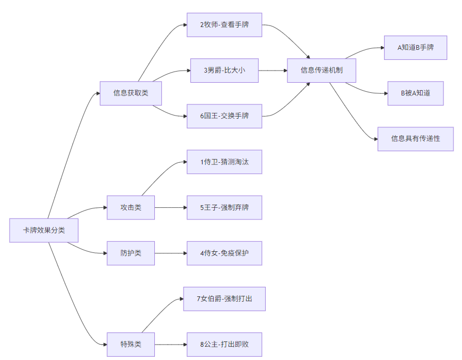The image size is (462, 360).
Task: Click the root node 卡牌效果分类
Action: point(44,231)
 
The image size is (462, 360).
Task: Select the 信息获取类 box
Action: point(130,93)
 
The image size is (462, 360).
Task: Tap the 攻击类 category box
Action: point(130,207)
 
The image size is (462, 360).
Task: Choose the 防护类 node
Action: point(130,253)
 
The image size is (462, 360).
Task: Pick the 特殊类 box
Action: point(130,344)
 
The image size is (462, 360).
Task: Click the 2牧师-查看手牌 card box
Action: point(224,25)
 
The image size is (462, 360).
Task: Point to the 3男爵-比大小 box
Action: point(224,70)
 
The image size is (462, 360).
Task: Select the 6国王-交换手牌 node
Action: point(224,116)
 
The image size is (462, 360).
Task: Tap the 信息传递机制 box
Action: point(321,70)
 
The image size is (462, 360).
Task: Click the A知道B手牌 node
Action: point(415,48)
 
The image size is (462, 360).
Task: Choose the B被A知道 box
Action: point(415,93)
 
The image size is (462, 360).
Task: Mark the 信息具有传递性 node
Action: point(415,139)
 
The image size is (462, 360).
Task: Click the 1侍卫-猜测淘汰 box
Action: point(224,162)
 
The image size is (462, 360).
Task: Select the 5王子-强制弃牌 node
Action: point(224,207)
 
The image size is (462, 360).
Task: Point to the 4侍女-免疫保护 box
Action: point(224,253)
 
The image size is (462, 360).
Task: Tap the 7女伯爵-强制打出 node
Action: point(224,298)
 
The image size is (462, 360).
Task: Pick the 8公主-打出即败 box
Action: point(224,344)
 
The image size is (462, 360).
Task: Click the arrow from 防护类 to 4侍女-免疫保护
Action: point(171,253)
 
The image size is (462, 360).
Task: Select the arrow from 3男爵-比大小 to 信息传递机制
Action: point(273,70)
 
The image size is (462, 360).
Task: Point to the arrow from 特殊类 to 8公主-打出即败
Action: point(171,344)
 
